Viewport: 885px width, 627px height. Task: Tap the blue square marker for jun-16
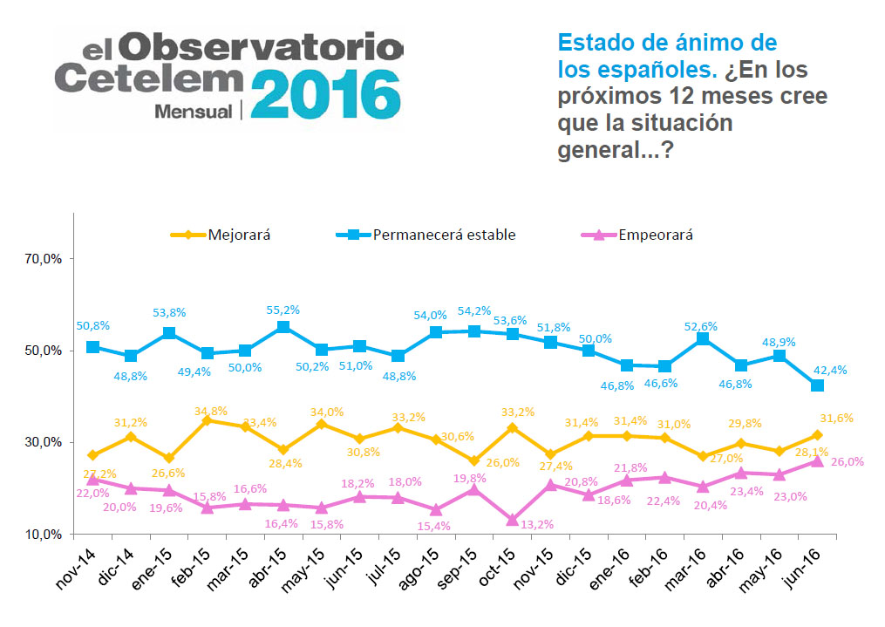click(x=817, y=385)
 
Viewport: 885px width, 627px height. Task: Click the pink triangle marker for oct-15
click(x=512, y=520)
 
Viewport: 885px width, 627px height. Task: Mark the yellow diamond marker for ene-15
click(x=169, y=458)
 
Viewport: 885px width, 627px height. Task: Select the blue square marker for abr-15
click(x=283, y=327)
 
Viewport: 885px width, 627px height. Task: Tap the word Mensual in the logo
click(x=193, y=111)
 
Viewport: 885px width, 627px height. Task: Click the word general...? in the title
click(x=616, y=150)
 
